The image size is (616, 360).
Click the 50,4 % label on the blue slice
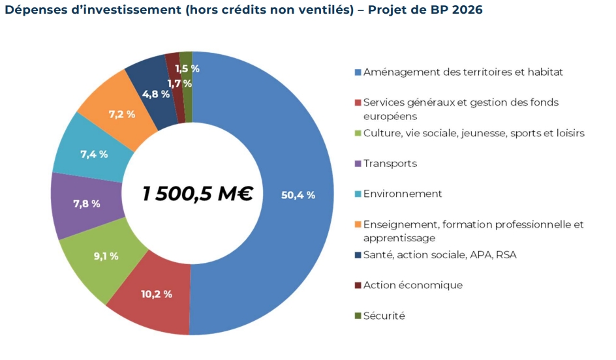[x=298, y=195]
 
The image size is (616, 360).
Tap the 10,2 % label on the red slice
[x=157, y=294]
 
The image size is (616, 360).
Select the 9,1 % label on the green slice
[x=106, y=256]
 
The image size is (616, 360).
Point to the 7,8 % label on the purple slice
[x=87, y=204]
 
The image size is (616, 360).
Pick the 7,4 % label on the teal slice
[x=94, y=155]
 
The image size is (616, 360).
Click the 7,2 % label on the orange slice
[x=122, y=114]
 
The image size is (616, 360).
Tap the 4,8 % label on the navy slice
[x=155, y=94]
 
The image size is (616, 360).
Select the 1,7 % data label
[x=179, y=83]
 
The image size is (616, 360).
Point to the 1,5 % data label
[x=187, y=68]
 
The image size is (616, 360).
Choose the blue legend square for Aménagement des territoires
[x=358, y=72]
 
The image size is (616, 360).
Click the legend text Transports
[x=390, y=164]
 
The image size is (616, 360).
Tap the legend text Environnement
[x=402, y=194]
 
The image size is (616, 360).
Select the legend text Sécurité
[x=384, y=316]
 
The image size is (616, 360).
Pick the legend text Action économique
[x=412, y=285]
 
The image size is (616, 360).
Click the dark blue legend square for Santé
[x=358, y=255]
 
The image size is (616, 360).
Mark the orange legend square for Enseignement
[x=358, y=225]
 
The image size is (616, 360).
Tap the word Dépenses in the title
[x=31, y=11]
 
